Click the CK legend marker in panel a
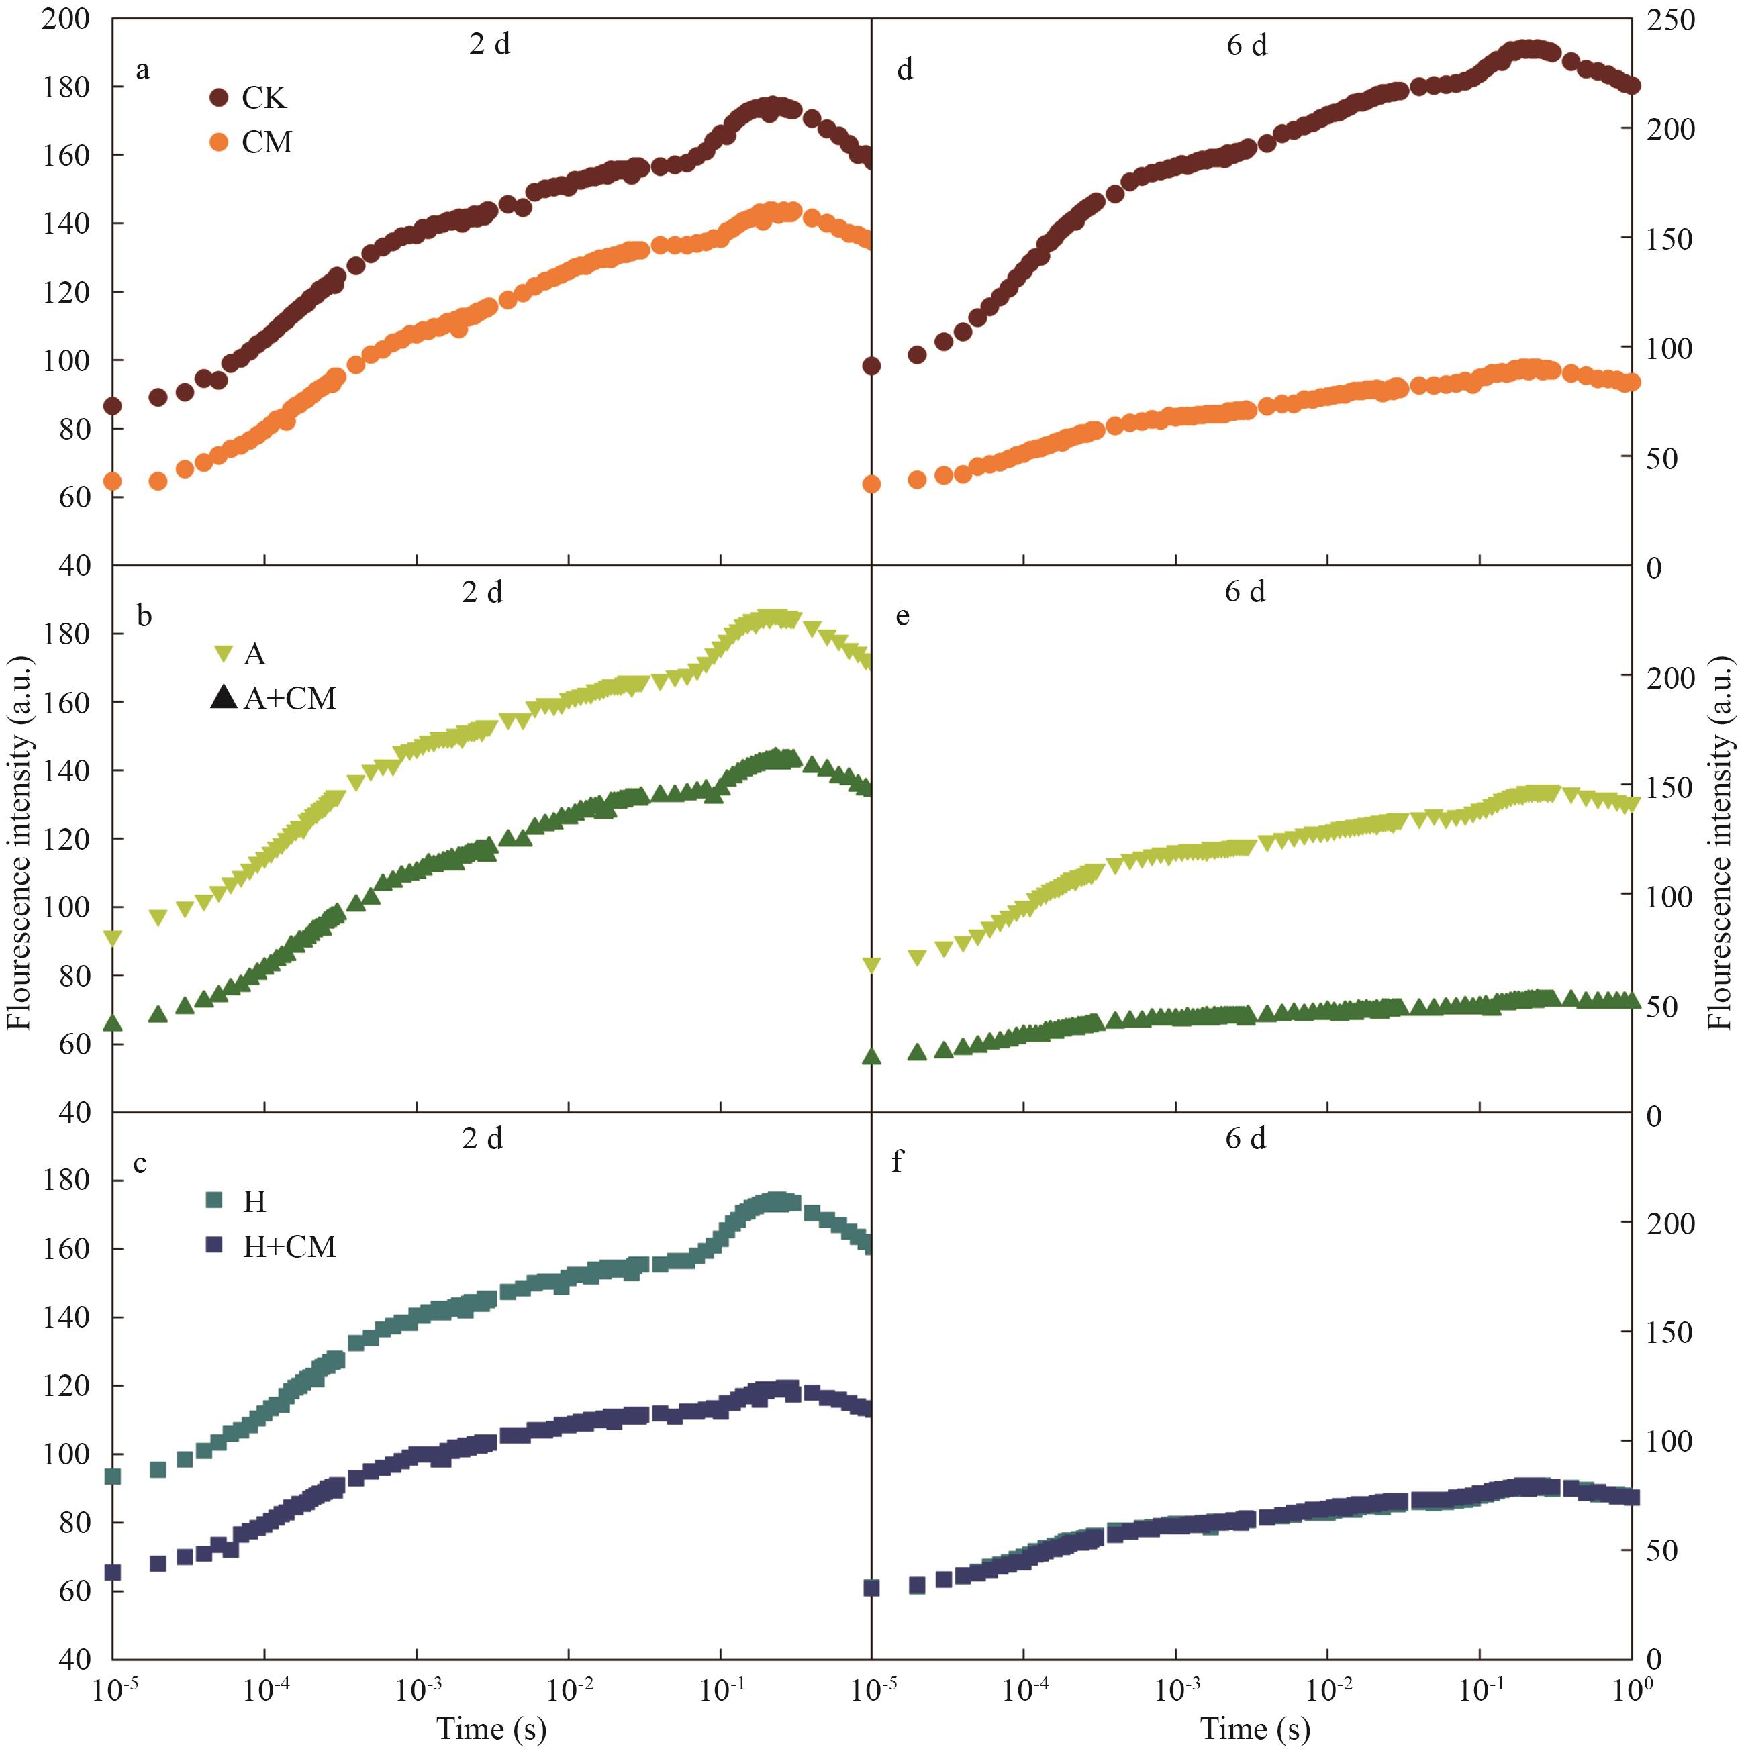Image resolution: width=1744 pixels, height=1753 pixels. coord(219,97)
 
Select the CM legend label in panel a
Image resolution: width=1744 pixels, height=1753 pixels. coord(267,142)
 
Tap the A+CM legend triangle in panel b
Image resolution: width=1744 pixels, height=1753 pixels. coord(224,698)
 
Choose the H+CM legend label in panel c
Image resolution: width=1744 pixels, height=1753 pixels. coord(289,1247)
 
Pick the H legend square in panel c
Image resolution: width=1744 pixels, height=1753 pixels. coord(215,1201)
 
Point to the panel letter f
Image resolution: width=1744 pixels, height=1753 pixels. coord(898,1162)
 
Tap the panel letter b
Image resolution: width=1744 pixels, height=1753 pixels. coord(144,617)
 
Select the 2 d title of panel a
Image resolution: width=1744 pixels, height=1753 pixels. coord(490,44)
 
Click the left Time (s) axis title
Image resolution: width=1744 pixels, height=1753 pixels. coord(492,1727)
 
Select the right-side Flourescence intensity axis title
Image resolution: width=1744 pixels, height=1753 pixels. coord(1721,844)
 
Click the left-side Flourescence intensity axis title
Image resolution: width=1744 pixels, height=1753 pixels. coord(20,844)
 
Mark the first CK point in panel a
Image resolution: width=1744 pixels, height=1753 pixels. coord(113,405)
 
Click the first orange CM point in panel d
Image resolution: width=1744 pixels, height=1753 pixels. coord(872,484)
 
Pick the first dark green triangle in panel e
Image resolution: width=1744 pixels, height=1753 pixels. coord(872,1055)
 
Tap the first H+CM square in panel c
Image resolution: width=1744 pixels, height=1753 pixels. coord(113,1572)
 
